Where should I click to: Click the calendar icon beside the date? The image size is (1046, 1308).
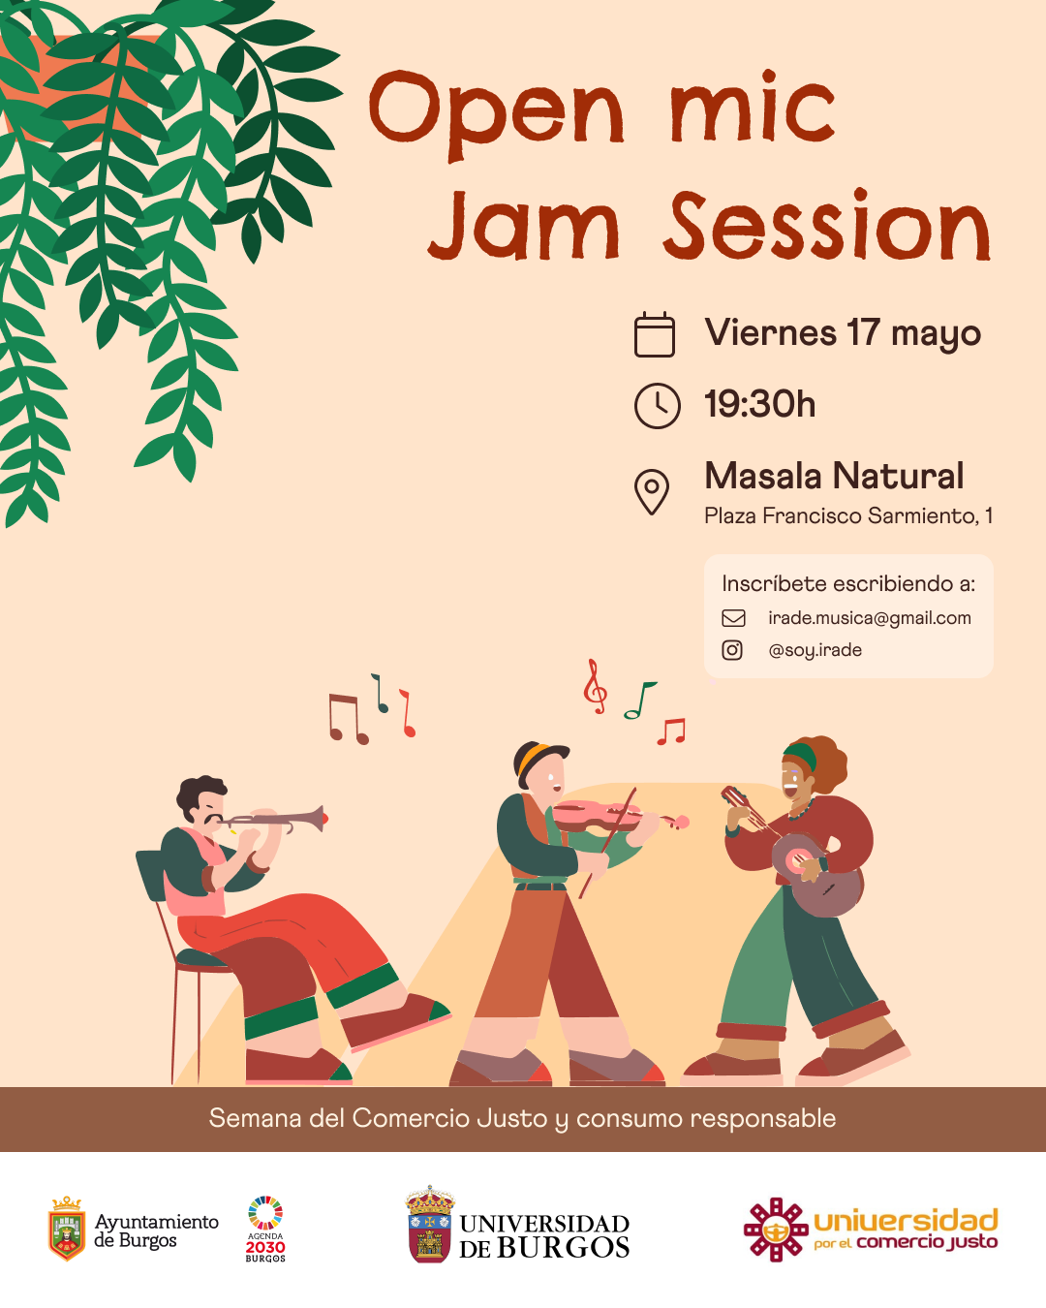pos(654,333)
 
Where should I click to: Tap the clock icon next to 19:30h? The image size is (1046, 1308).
pos(657,405)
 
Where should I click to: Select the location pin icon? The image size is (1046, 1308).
pos(652,492)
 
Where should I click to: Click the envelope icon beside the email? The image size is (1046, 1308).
pos(733,618)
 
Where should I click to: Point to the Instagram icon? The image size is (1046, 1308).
pos(732,650)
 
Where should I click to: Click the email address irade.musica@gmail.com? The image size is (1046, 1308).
pos(869,618)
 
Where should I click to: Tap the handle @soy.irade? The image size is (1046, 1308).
pos(815,650)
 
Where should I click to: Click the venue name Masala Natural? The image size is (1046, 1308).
pos(834,476)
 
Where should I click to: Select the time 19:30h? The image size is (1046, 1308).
pos(759,404)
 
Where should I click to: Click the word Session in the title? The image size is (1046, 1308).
pos(827,226)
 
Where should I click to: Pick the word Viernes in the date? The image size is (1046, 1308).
pos(770,332)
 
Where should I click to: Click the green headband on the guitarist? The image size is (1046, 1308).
pos(801,756)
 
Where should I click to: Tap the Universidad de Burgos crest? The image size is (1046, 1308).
pos(430,1225)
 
